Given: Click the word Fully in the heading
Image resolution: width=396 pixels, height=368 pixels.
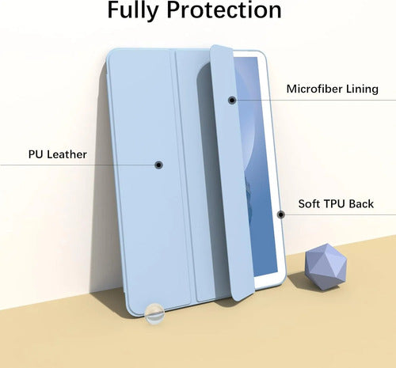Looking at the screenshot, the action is pyautogui.click(x=133, y=10).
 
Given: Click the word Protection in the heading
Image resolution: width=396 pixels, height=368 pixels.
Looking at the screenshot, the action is pyautogui.click(x=224, y=9).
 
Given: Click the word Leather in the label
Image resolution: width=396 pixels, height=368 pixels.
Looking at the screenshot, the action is pyautogui.click(x=67, y=154).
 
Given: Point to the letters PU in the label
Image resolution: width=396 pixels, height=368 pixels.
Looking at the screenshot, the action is pyautogui.click(x=36, y=154).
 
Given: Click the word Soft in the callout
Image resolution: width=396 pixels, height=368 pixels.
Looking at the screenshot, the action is pyautogui.click(x=309, y=204).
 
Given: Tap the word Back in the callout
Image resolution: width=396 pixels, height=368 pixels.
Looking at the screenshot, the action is pyautogui.click(x=361, y=204).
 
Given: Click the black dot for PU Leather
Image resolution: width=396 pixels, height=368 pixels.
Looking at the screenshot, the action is pyautogui.click(x=158, y=165).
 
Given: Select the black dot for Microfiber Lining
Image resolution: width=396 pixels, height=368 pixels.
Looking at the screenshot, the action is pyautogui.click(x=232, y=101).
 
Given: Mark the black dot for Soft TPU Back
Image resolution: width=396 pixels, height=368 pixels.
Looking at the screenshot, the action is pyautogui.click(x=281, y=214).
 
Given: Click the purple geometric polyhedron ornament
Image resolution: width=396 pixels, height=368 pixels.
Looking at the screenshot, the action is pyautogui.click(x=326, y=267).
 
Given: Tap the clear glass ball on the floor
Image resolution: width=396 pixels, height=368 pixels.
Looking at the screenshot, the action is pyautogui.click(x=154, y=313).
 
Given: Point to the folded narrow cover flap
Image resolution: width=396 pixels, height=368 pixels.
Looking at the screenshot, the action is pyautogui.click(x=232, y=172).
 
